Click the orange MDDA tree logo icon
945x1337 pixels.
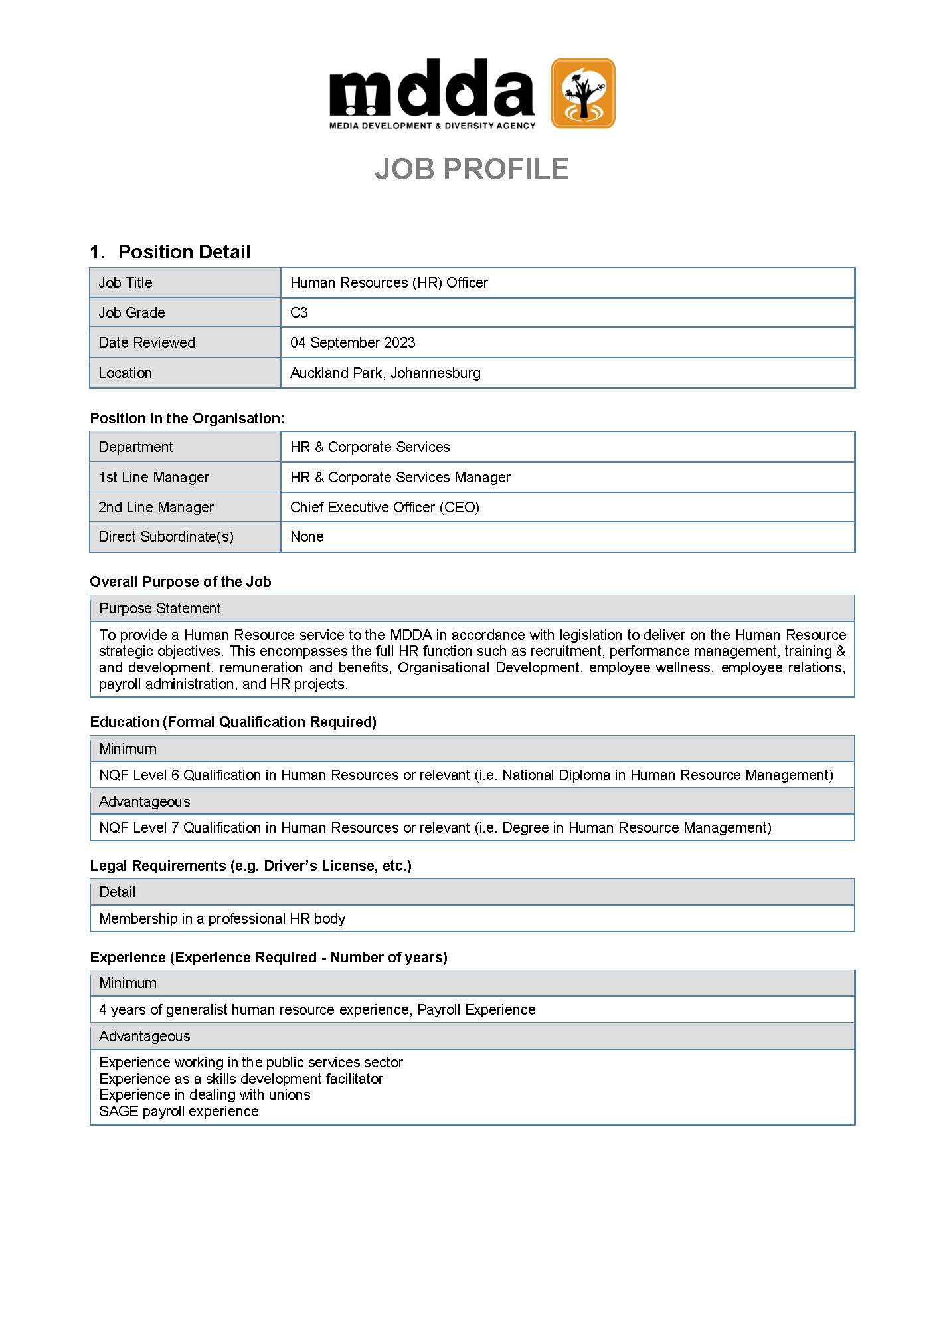(x=583, y=93)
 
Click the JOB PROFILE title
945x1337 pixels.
(x=472, y=169)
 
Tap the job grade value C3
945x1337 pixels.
(x=299, y=312)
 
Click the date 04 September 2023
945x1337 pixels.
(x=353, y=342)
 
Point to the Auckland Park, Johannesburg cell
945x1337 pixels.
(x=385, y=373)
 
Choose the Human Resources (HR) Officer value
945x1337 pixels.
(x=389, y=282)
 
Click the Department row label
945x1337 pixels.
(x=135, y=447)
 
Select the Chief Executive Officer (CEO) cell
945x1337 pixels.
(x=385, y=507)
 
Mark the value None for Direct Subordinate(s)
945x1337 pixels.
(x=307, y=536)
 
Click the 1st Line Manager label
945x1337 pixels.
(x=153, y=477)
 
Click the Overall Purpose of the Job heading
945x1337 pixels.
(x=181, y=581)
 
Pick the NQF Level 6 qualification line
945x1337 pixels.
(x=466, y=775)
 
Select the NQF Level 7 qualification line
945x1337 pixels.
(x=435, y=827)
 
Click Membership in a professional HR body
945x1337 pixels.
(x=222, y=918)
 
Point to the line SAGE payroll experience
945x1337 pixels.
(x=179, y=1111)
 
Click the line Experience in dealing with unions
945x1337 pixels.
(x=205, y=1094)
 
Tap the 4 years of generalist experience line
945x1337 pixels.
(x=317, y=1009)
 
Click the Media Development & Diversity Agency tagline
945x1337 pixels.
(x=432, y=126)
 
